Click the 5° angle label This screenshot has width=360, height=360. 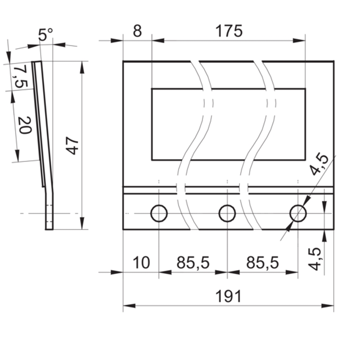(45, 35)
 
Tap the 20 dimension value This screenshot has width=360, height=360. (25, 125)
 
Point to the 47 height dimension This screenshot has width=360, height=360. (72, 145)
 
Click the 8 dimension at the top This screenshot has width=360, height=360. (137, 31)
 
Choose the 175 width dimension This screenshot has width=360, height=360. (229, 31)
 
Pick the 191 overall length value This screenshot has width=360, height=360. (229, 296)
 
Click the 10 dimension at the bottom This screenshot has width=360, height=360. (141, 262)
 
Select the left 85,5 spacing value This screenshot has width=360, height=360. (193, 262)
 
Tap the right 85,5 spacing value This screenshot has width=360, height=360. (262, 262)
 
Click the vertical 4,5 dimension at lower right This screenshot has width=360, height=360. (314, 259)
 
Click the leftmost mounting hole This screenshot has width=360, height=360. (159, 213)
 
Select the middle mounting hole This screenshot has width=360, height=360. (227, 213)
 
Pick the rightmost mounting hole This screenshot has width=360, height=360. (298, 213)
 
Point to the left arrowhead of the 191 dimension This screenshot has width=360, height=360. (129, 306)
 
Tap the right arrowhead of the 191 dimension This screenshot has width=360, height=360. (328, 306)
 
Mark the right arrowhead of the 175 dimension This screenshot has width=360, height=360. (299, 40)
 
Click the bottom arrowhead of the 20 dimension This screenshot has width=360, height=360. (17, 155)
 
